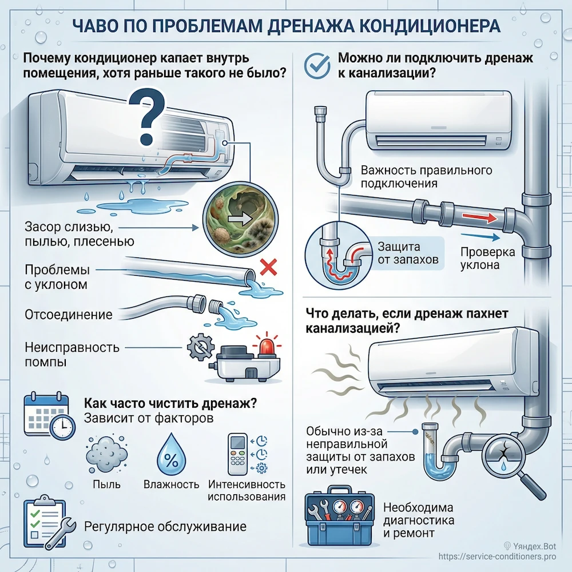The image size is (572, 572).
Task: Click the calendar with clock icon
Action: click(x=49, y=415)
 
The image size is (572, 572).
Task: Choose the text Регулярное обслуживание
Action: click(x=165, y=526)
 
